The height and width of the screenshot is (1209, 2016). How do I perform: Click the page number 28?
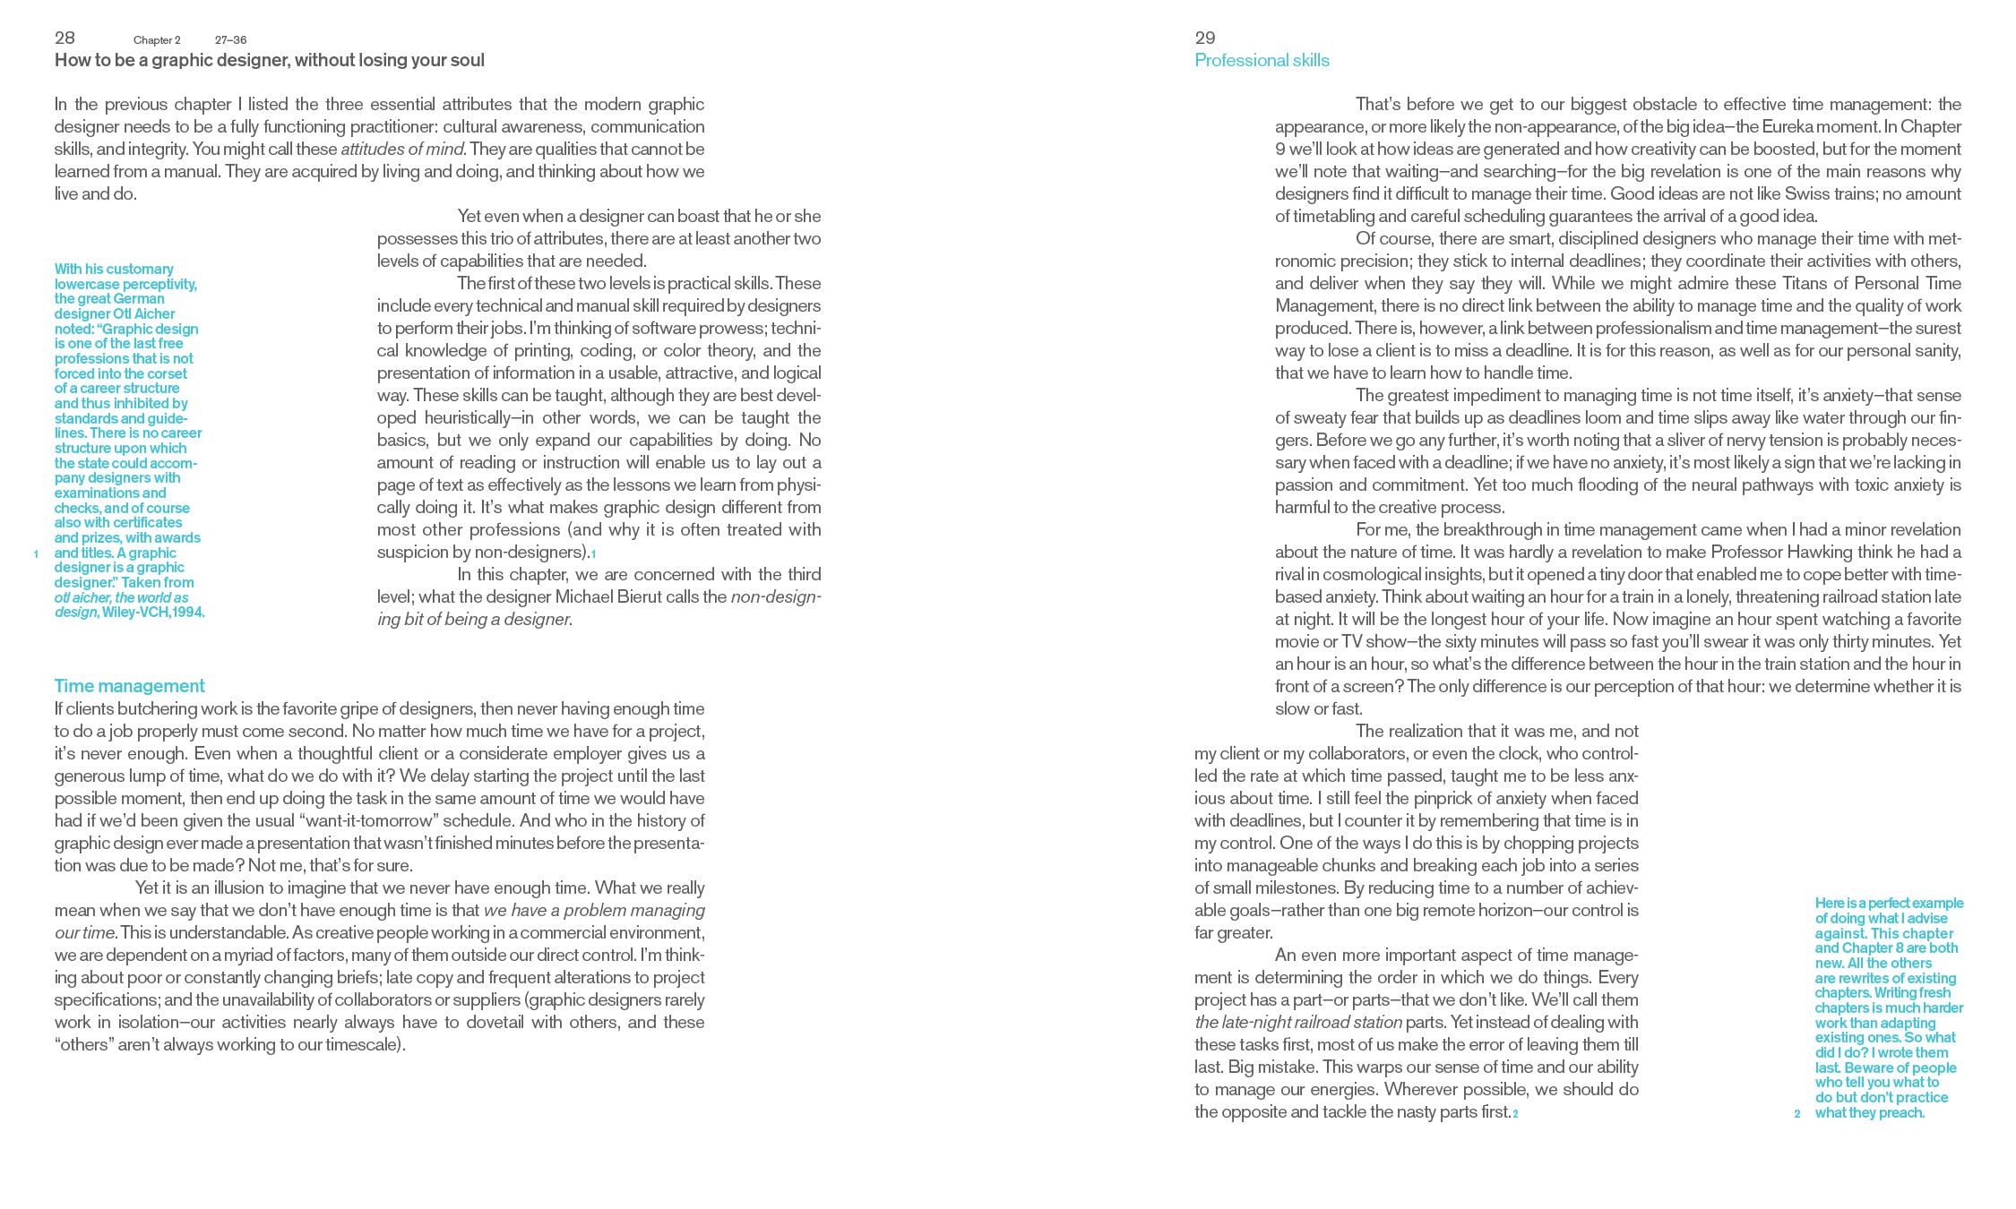coord(65,38)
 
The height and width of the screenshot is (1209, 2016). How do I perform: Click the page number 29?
coord(1204,38)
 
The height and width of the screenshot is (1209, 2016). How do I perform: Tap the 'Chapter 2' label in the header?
coord(157,40)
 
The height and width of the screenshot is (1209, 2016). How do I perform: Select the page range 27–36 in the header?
coord(230,40)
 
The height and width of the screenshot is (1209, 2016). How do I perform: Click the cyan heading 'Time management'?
coord(129,686)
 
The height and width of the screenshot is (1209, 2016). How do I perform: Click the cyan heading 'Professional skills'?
coord(1262,61)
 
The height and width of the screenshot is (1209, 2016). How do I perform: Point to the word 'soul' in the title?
coord(466,61)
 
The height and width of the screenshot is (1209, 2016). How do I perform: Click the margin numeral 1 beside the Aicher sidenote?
coord(36,554)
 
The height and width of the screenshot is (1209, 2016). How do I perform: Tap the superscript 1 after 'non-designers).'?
coord(593,554)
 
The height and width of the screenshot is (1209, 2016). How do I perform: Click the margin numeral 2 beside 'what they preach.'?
coord(1796,1114)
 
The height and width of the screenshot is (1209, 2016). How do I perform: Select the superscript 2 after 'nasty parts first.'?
coord(1515,1114)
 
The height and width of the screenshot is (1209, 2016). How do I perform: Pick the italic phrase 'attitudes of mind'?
coord(402,150)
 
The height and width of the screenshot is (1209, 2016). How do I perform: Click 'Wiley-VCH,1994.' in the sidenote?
coord(153,613)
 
